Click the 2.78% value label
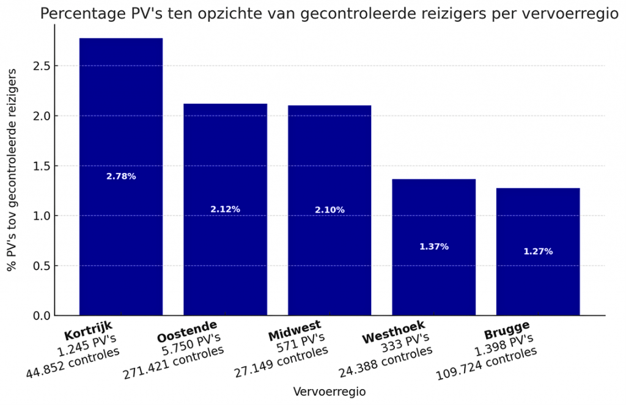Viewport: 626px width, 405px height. pyautogui.click(x=121, y=177)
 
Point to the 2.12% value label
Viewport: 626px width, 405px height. pyautogui.click(x=225, y=210)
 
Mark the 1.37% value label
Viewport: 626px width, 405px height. pyautogui.click(x=434, y=247)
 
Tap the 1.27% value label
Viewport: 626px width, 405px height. pyautogui.click(x=538, y=252)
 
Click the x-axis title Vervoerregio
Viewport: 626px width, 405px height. pyautogui.click(x=330, y=392)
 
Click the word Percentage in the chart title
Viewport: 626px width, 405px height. pyautogui.click(x=79, y=14)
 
